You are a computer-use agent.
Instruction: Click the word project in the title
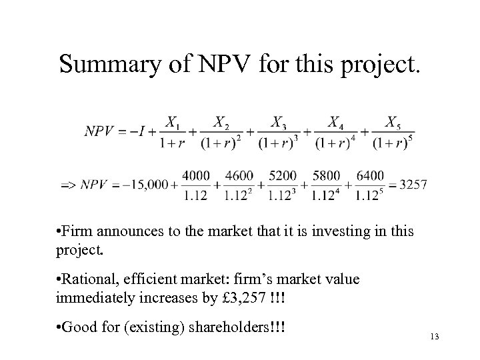coord(377,65)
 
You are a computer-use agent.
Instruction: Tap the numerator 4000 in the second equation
coord(195,176)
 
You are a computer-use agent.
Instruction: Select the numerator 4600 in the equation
coord(239,176)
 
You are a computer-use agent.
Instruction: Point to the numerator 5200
coord(283,176)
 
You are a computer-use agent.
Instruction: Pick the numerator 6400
coord(370,176)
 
